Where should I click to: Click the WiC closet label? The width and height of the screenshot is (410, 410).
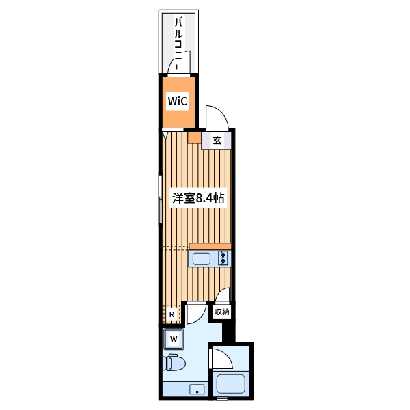178,101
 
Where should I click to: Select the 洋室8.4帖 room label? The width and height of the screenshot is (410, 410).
198,198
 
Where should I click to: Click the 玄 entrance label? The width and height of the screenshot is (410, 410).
217,141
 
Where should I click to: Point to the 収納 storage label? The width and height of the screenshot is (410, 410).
222,312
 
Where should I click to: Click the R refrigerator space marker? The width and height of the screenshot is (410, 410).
172,314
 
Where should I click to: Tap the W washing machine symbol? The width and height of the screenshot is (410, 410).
174,339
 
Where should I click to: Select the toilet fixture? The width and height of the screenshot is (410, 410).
174,362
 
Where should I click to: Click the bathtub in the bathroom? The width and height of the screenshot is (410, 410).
231,384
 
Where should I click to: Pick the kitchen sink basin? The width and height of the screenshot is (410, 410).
202,258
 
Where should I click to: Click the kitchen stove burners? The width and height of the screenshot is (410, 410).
223,258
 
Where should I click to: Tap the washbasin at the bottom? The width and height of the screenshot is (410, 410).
197,389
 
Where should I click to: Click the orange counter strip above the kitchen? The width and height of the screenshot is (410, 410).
210,246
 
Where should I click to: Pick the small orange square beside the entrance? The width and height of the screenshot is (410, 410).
194,137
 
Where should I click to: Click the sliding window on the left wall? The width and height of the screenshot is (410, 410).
161,200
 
